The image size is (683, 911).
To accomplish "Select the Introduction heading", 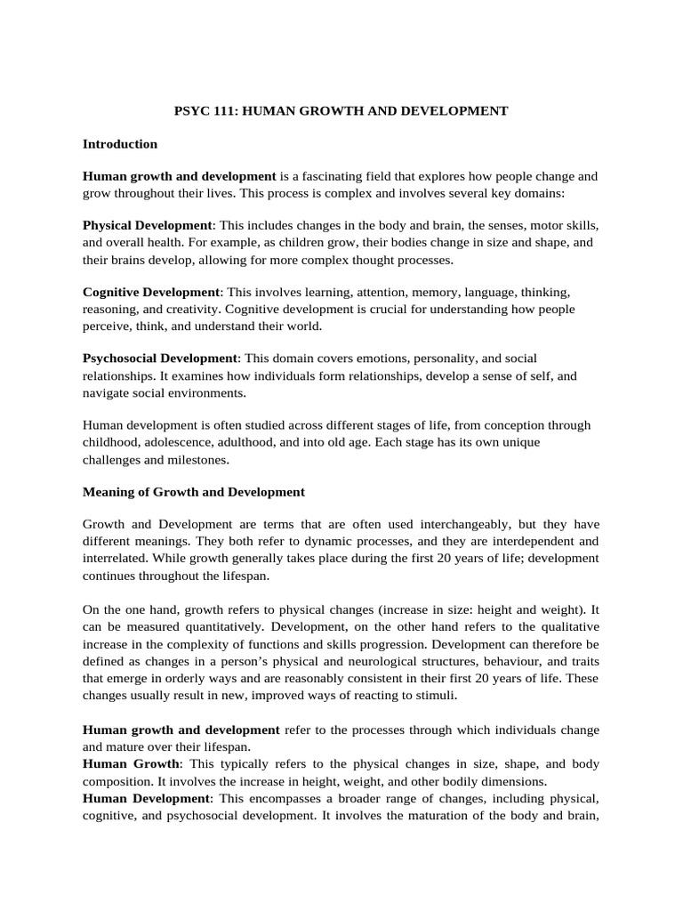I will click(x=120, y=143).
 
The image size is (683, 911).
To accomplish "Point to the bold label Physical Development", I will click(x=148, y=226).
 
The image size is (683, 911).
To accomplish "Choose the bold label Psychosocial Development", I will click(x=160, y=358).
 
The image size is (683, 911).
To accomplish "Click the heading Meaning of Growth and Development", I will click(x=194, y=491).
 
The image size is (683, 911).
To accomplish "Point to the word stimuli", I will click(x=436, y=696).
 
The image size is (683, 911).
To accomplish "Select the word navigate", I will click(x=107, y=391).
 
